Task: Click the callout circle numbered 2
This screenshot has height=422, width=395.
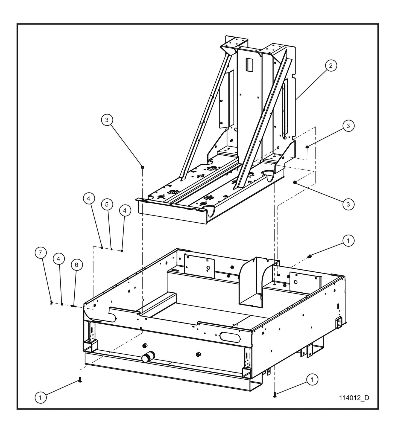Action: pyautogui.click(x=331, y=66)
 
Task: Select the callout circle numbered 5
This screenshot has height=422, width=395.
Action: pyautogui.click(x=107, y=204)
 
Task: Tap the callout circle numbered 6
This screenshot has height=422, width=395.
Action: pyautogui.click(x=77, y=265)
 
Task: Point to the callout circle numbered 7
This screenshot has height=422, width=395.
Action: pyautogui.click(x=40, y=253)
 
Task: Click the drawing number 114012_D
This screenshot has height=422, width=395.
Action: pyautogui.click(x=354, y=398)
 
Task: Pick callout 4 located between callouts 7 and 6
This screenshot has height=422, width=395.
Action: pyautogui.click(x=59, y=258)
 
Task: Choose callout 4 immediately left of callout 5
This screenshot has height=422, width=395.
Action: pyautogui.click(x=89, y=199)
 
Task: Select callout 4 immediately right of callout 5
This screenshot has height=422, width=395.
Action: pyautogui.click(x=125, y=210)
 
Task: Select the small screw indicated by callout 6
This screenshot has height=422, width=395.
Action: pyautogui.click(x=74, y=306)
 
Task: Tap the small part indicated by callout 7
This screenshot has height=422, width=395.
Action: pyautogui.click(x=51, y=302)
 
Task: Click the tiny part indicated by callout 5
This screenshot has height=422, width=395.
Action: pyautogui.click(x=112, y=249)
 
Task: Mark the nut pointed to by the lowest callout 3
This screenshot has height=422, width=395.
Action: pyautogui.click(x=295, y=182)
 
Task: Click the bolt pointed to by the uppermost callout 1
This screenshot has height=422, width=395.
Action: pyautogui.click(x=310, y=256)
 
